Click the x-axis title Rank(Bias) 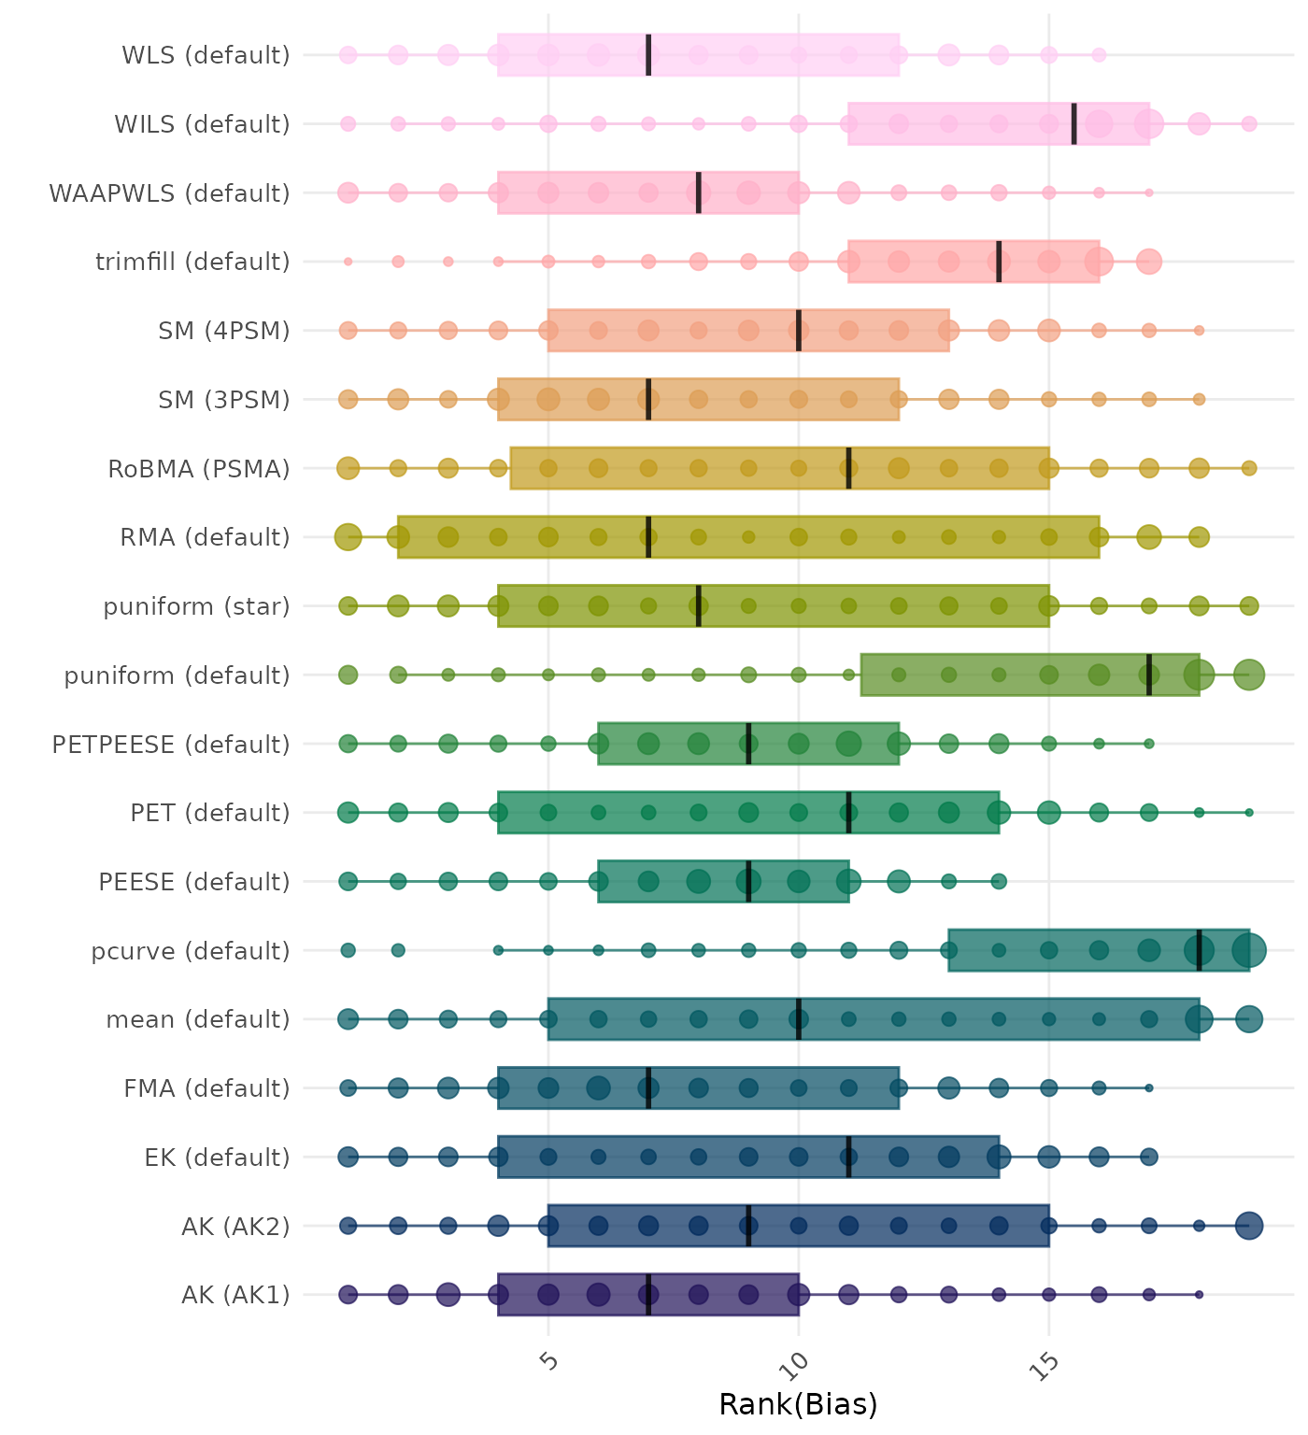pyautogui.click(x=798, y=1404)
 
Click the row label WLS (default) pyautogui.click(x=206, y=55)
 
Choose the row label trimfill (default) pyautogui.click(x=192, y=262)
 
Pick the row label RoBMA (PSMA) pyautogui.click(x=199, y=468)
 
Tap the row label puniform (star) pyautogui.click(x=196, y=606)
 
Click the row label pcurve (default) pyautogui.click(x=191, y=951)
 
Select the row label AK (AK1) pyautogui.click(x=235, y=1295)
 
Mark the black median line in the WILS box pyautogui.click(x=1073, y=123)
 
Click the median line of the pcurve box pyautogui.click(x=1199, y=950)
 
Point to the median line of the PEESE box pyautogui.click(x=748, y=881)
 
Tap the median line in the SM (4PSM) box pyautogui.click(x=799, y=331)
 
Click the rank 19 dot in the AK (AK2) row pyautogui.click(x=1249, y=1226)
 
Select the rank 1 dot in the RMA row pyautogui.click(x=348, y=537)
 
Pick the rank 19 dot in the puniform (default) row pyautogui.click(x=1249, y=675)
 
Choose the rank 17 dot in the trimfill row pyautogui.click(x=1149, y=262)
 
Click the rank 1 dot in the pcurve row pyautogui.click(x=348, y=950)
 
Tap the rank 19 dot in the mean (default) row pyautogui.click(x=1249, y=1019)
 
